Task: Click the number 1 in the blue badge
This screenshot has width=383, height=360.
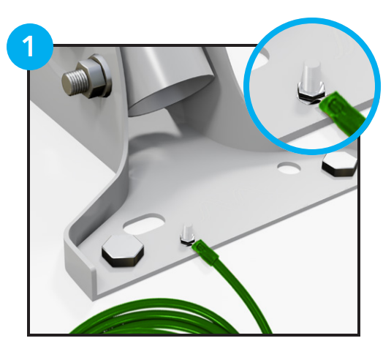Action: click(29, 46)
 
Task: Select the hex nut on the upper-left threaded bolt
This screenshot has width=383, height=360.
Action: click(91, 78)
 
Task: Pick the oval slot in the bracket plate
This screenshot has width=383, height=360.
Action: click(144, 224)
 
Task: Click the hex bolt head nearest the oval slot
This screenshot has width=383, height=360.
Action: click(123, 251)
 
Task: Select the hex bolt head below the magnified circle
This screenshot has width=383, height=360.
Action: click(340, 164)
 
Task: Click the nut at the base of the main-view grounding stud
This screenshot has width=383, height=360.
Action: click(188, 241)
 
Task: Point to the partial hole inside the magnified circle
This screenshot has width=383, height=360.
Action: click(262, 56)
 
